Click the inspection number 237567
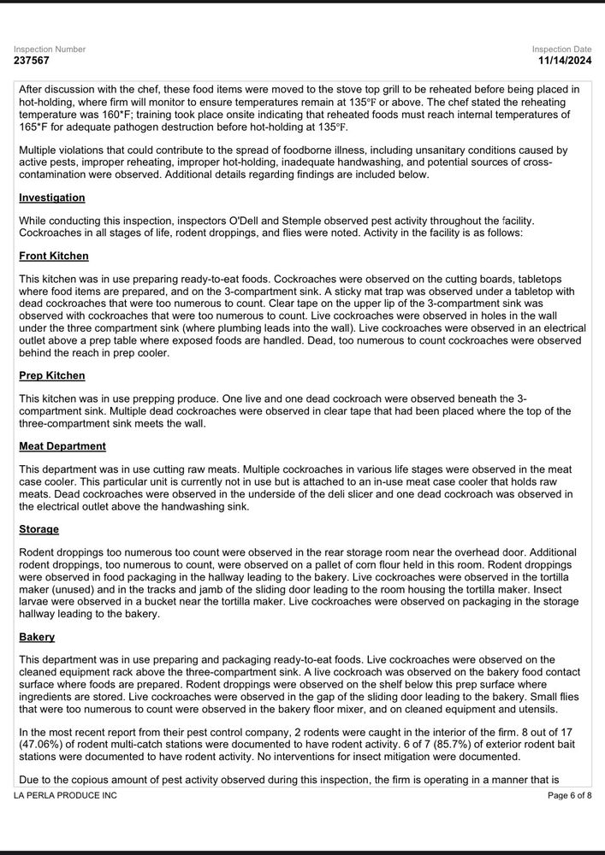click(32, 62)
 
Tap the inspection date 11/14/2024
click(565, 62)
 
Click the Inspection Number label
click(50, 50)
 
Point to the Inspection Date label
click(561, 50)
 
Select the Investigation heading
click(52, 198)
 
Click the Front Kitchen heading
click(54, 256)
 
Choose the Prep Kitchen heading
click(52, 375)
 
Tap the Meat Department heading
click(62, 446)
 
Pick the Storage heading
click(39, 529)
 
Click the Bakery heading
click(37, 637)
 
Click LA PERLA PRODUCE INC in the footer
click(65, 796)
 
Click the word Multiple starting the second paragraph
click(39, 150)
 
